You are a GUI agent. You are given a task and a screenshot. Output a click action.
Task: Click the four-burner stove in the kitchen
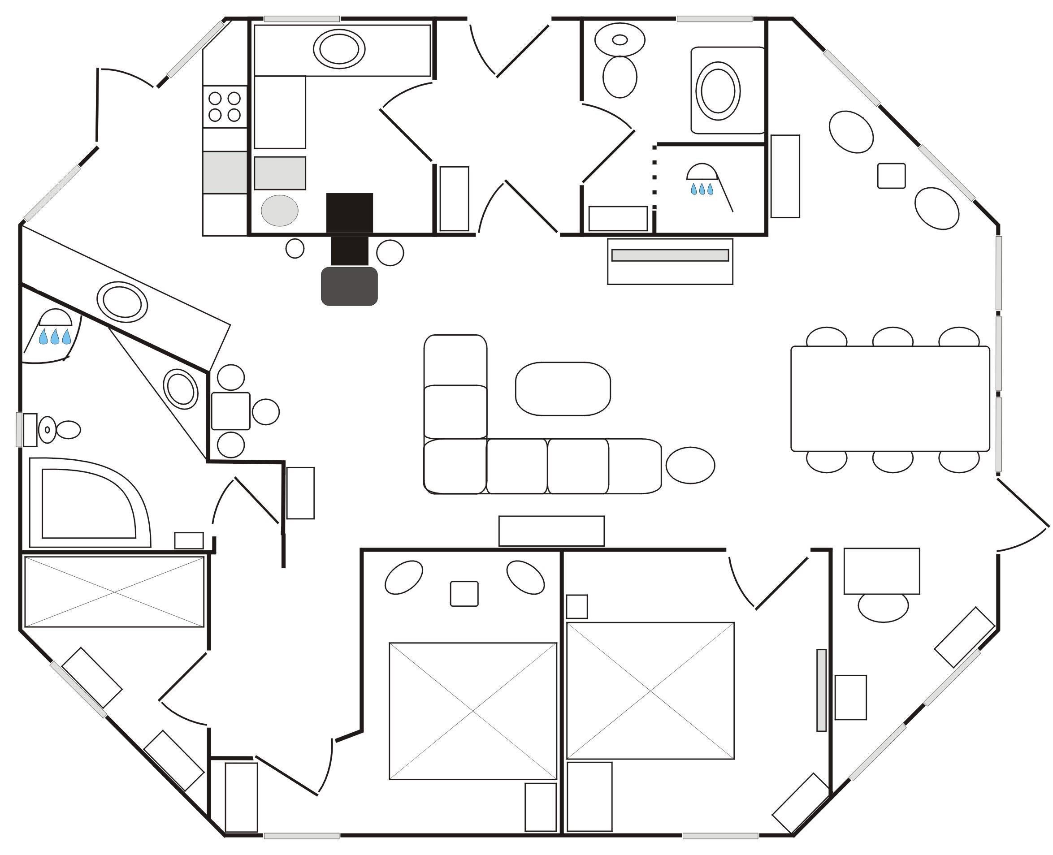pos(224,106)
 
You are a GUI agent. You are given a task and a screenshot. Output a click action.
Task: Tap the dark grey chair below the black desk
pos(349,286)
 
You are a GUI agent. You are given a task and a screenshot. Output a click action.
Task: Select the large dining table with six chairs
pos(889,398)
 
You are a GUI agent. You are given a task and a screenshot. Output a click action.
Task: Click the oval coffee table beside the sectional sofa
pos(562,389)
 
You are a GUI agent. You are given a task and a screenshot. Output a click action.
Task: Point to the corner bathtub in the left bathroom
pos(89,503)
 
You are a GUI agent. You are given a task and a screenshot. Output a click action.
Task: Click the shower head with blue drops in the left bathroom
pos(55,328)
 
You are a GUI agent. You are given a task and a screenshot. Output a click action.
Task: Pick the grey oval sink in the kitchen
pos(279,210)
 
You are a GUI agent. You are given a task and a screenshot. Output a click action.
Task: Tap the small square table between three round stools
pos(230,411)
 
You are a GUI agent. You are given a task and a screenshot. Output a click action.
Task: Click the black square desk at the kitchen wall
pos(349,212)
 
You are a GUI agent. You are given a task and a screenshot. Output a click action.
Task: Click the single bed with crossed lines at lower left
pos(114,592)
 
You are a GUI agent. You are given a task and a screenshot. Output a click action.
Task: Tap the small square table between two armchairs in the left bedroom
pos(464,593)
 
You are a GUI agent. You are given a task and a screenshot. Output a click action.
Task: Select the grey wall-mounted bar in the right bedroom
pos(821,690)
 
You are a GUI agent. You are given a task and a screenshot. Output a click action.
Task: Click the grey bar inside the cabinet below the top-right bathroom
pos(670,255)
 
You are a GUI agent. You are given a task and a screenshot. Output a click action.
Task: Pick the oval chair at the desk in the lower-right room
pos(883,607)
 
